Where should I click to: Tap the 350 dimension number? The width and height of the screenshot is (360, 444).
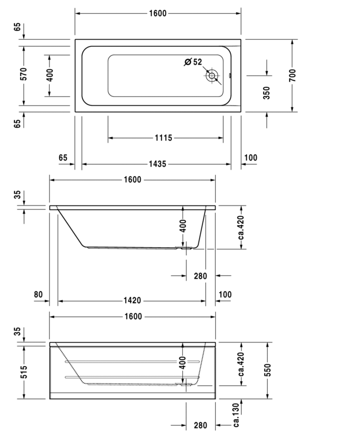(267, 93)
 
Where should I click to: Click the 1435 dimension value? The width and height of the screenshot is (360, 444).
(157, 164)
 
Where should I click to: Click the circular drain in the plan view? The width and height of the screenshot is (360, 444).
(212, 76)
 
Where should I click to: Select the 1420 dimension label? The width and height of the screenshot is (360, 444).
(133, 301)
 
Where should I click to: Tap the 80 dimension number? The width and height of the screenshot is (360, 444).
(38, 294)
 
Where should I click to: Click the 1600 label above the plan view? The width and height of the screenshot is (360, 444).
(157, 13)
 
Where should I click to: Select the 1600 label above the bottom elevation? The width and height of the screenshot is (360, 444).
(133, 316)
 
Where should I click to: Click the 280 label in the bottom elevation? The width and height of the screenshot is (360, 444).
(200, 426)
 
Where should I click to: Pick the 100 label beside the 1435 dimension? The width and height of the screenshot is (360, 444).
(250, 158)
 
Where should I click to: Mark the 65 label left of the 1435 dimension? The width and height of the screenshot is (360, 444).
(63, 158)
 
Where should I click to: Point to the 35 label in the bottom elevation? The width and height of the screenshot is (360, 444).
(17, 331)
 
